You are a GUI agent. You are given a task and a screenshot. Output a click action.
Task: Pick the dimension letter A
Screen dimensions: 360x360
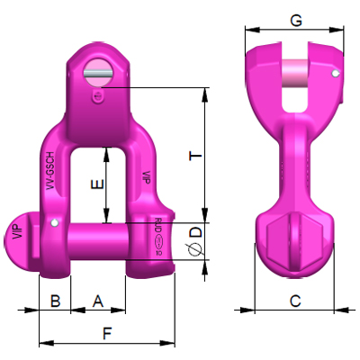(x=98, y=300)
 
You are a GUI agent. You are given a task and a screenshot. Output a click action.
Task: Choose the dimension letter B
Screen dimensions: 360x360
(x=55, y=300)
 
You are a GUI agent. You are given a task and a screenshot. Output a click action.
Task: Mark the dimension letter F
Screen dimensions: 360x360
(x=106, y=333)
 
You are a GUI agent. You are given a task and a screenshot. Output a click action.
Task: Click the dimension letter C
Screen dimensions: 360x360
(x=294, y=301)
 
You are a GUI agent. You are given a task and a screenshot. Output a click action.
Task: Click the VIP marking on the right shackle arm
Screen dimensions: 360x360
(x=146, y=177)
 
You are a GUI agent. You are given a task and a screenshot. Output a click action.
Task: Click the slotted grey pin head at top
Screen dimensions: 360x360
(x=98, y=68)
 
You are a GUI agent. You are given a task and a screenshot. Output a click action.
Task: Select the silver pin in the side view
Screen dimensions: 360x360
(x=294, y=76)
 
